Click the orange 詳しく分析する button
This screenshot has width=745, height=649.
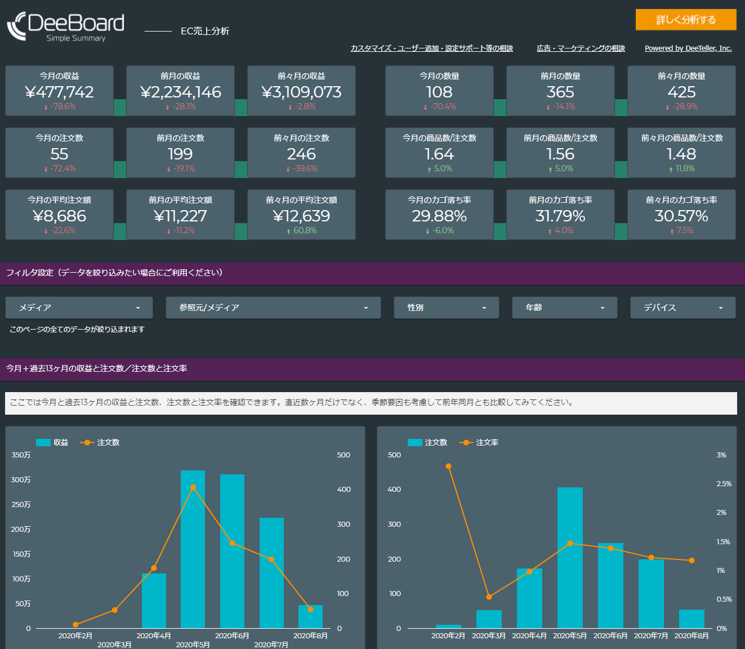pos(685,20)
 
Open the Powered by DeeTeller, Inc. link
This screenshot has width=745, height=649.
pos(688,48)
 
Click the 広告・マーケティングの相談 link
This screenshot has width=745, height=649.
pos(581,48)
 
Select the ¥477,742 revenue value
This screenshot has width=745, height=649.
pos(60,92)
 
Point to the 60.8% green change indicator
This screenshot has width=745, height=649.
pos(304,230)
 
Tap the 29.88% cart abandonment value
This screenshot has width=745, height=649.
pos(439,216)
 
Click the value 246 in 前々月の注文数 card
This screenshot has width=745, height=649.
pos(301,154)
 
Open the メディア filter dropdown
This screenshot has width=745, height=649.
pos(79,308)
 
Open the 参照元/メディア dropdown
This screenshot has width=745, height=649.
pos(273,308)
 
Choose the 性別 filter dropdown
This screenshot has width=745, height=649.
pos(446,308)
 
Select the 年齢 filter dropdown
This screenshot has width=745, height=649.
pos(564,308)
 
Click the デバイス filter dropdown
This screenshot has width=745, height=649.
pos(682,308)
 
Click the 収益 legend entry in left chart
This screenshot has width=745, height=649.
pos(52,442)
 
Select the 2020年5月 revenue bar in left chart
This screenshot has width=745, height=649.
pos(193,549)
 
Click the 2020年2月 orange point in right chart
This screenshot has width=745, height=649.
pos(448,466)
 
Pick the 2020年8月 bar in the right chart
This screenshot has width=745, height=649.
pos(692,619)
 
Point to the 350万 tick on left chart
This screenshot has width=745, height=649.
pos(21,455)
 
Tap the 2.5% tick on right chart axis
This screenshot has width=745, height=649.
pos(724,484)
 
